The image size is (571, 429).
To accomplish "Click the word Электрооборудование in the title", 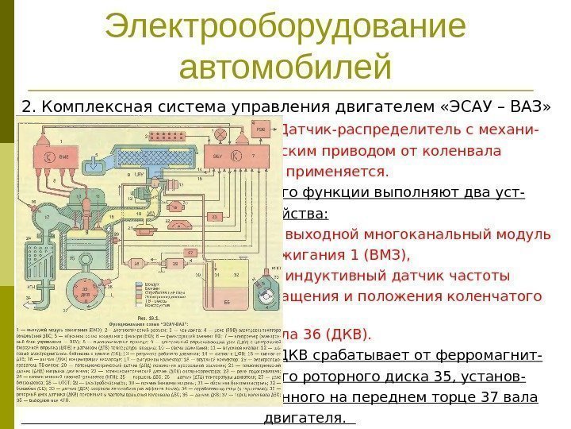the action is (x=285, y=27).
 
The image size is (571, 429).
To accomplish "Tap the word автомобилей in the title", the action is (x=285, y=67).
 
